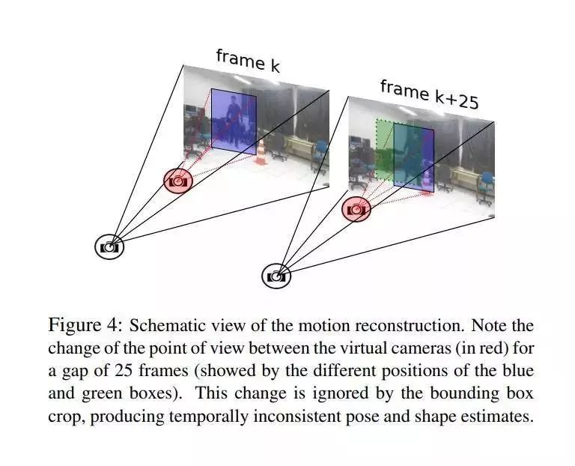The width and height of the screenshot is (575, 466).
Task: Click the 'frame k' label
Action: pyautogui.click(x=248, y=60)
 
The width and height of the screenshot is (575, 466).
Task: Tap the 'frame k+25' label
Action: pyautogui.click(x=428, y=94)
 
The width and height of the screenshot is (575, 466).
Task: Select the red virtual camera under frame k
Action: pyautogui.click(x=177, y=181)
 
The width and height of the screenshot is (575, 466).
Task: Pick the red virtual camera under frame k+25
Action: pyautogui.click(x=356, y=209)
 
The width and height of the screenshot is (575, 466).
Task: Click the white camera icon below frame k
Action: pyautogui.click(x=109, y=246)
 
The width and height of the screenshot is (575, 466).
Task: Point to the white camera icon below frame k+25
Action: pyautogui.click(x=276, y=276)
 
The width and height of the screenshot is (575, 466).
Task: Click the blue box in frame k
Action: pyautogui.click(x=233, y=119)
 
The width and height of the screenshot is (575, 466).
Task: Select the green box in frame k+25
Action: pyautogui.click(x=383, y=150)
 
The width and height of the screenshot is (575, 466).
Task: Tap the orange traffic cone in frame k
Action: pyautogui.click(x=261, y=153)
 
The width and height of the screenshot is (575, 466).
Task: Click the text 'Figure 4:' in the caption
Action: pyautogui.click(x=83, y=326)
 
